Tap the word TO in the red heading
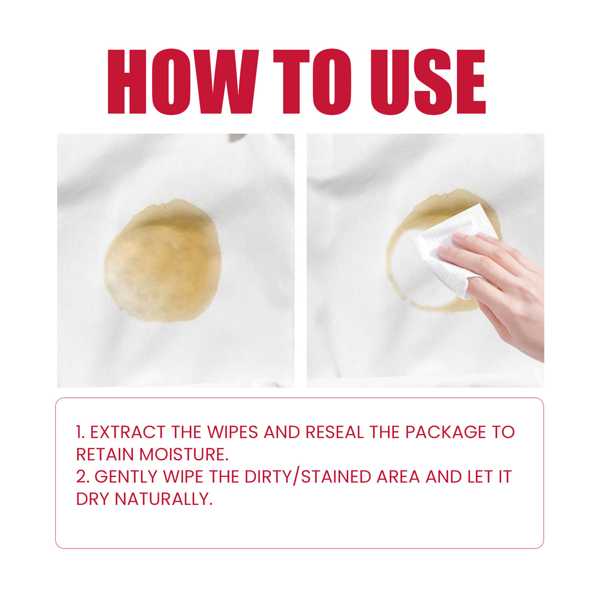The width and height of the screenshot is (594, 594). tap(312, 82)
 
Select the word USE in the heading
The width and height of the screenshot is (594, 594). tap(428, 82)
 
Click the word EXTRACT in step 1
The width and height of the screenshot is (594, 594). tap(128, 432)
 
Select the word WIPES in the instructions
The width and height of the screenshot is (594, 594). tap(232, 432)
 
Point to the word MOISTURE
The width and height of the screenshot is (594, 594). tap(184, 455)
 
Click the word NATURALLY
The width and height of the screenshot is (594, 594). tap(163, 499)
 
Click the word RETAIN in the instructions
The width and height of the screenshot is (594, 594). tap(105, 455)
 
